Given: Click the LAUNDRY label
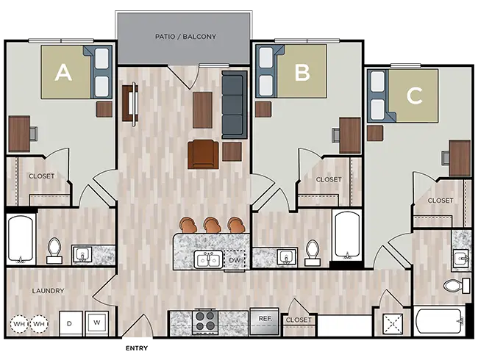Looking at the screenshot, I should (48, 291).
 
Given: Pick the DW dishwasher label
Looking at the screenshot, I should (235, 259).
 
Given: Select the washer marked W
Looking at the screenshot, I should (96, 323).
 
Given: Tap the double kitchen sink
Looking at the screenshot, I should (206, 259).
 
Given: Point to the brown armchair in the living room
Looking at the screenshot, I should (203, 154).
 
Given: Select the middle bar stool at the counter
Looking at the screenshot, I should (213, 224).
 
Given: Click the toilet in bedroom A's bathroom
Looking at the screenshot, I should (54, 251).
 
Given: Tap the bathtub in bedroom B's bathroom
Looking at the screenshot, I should (346, 235).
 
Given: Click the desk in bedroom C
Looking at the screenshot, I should (460, 158).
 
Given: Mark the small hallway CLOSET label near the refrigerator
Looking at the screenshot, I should (299, 320).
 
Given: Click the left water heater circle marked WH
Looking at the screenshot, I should (18, 323).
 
